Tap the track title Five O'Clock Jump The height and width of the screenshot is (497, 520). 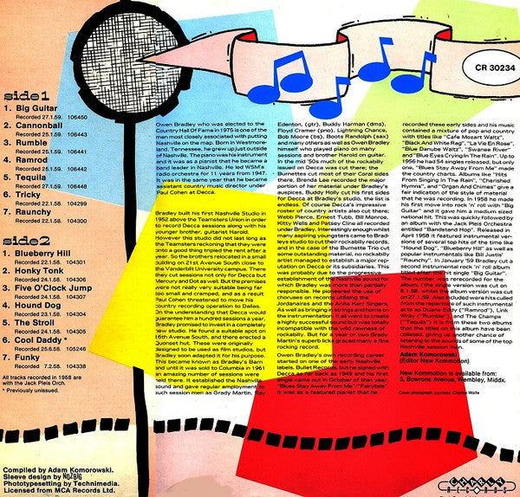coord(51,289)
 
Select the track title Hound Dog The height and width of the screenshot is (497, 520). coord(38,307)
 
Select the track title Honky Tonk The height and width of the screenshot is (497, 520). coord(38,271)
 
